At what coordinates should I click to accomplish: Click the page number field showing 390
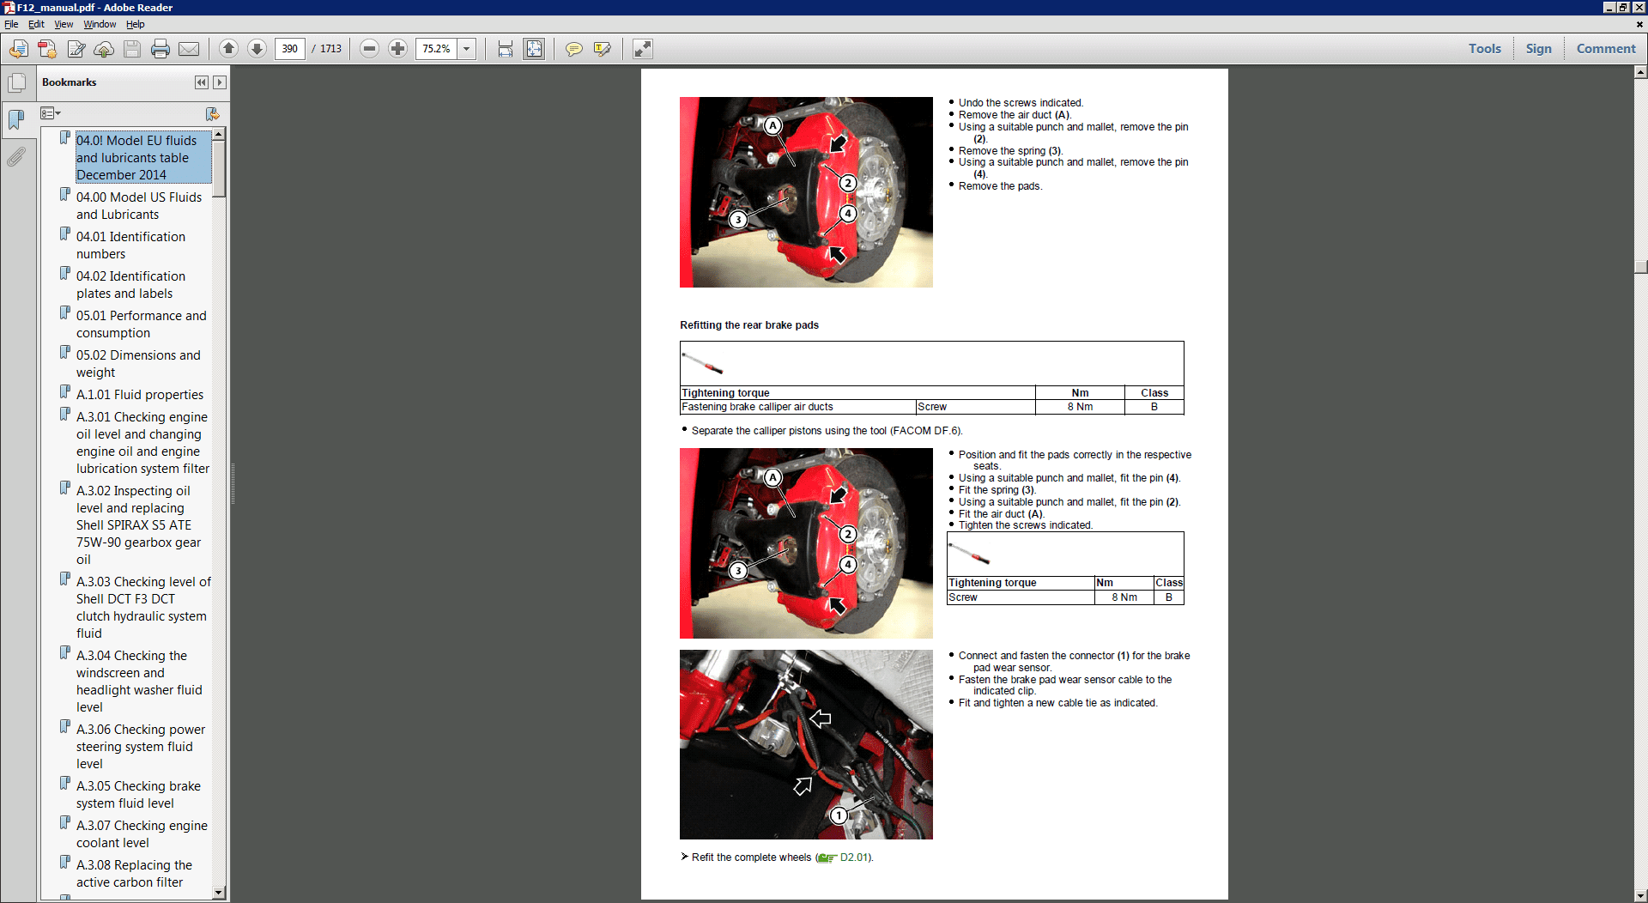click(290, 49)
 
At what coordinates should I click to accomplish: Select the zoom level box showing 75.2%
click(436, 49)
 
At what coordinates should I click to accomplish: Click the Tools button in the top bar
click(1484, 49)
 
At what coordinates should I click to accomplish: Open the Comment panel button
click(1605, 49)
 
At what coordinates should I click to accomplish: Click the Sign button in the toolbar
click(1538, 49)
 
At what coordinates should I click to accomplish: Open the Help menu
click(135, 24)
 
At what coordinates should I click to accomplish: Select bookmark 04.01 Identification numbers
click(130, 245)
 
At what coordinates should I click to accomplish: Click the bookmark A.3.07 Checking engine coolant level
click(142, 833)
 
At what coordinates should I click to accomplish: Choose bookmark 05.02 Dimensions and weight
click(138, 363)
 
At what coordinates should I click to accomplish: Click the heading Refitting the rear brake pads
click(748, 325)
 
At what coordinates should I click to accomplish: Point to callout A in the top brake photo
click(772, 126)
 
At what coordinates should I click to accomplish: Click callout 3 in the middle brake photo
click(737, 571)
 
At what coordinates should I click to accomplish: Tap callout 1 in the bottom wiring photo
click(839, 815)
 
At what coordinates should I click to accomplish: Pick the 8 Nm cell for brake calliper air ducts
click(1080, 407)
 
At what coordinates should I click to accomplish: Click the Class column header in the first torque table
click(1154, 393)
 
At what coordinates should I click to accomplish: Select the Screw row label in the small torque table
click(963, 597)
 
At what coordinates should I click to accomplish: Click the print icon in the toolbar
click(161, 49)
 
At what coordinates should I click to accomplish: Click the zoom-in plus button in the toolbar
click(397, 49)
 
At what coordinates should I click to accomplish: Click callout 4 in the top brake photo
click(848, 214)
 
